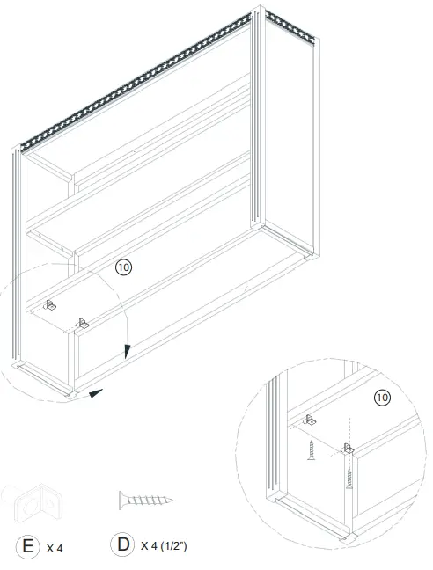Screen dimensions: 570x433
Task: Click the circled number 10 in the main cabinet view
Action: click(x=124, y=267)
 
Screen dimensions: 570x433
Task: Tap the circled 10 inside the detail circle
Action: click(x=381, y=398)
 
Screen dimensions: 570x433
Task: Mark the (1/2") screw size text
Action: click(x=174, y=546)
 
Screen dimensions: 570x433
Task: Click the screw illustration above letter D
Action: click(x=145, y=501)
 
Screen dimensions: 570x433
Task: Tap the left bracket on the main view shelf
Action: click(x=49, y=304)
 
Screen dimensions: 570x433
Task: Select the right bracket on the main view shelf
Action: click(x=83, y=323)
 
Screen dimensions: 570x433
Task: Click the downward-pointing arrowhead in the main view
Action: click(x=127, y=351)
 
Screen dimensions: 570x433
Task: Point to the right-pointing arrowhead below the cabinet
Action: click(x=96, y=391)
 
